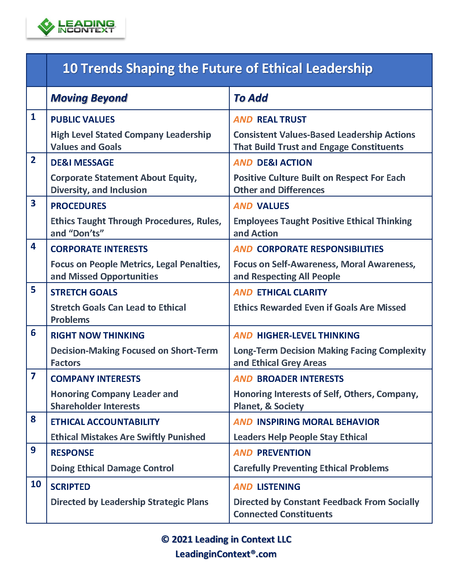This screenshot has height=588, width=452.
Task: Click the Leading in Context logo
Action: [x=76, y=27]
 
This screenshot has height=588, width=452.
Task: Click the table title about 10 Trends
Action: [x=217, y=68]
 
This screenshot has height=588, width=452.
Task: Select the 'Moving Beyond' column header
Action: [x=89, y=98]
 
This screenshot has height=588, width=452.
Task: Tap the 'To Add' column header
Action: [x=250, y=98]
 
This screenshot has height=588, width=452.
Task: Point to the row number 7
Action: [x=33, y=376]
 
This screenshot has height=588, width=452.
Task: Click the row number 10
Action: [x=36, y=484]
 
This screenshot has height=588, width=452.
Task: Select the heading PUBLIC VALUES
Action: [x=83, y=119]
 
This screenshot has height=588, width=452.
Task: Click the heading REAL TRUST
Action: [x=281, y=119]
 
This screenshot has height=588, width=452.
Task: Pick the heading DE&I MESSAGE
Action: [x=82, y=162]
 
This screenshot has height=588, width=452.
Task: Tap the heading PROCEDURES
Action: [x=78, y=206]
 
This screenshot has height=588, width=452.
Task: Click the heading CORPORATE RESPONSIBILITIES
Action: [x=320, y=249]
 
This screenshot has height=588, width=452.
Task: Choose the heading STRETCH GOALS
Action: [x=84, y=292]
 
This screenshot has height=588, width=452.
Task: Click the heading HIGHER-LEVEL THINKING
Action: [x=308, y=335]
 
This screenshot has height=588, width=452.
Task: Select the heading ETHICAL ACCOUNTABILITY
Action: [x=105, y=422]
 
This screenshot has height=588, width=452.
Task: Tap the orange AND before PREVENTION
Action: [x=243, y=453]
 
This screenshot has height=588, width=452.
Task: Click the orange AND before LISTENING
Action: [x=243, y=487]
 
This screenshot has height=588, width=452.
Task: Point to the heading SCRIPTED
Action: [x=70, y=487]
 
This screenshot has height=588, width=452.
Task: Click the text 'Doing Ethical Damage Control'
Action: [x=112, y=468]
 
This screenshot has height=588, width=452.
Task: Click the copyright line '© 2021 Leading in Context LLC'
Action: [x=226, y=539]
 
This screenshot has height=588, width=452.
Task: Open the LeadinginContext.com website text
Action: [x=226, y=554]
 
